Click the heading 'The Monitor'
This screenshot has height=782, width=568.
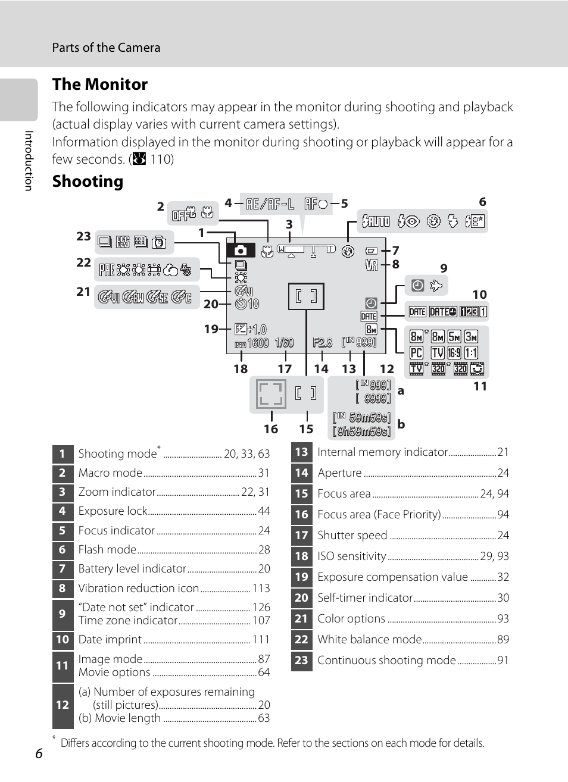pyautogui.click(x=100, y=85)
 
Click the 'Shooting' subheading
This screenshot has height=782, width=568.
pyautogui.click(x=88, y=182)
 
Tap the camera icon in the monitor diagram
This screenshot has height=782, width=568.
pyautogui.click(x=241, y=251)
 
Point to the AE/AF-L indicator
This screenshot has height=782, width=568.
pyautogui.click(x=270, y=204)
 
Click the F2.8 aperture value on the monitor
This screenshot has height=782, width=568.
pyautogui.click(x=322, y=343)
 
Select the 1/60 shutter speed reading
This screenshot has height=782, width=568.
pyautogui.click(x=284, y=343)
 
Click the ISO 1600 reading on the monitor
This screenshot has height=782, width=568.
pyautogui.click(x=252, y=343)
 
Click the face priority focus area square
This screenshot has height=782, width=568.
pyautogui.click(x=270, y=394)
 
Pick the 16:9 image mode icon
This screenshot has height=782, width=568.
pyautogui.click(x=454, y=353)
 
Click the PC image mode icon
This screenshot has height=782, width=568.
pyautogui.click(x=416, y=353)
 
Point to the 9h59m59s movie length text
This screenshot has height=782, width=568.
pyautogui.click(x=361, y=431)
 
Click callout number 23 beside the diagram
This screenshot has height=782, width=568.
pyautogui.click(x=83, y=236)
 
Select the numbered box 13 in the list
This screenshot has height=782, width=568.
pyautogui.click(x=301, y=452)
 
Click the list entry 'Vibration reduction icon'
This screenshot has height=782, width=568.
pyautogui.click(x=139, y=588)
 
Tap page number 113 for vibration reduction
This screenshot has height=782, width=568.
pyautogui.click(x=261, y=588)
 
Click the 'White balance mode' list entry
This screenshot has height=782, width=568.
pyautogui.click(x=369, y=639)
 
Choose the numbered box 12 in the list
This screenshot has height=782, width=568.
pyautogui.click(x=63, y=705)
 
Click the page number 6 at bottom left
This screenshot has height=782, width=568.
pyautogui.click(x=39, y=753)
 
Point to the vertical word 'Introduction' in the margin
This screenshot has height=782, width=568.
pyautogui.click(x=28, y=161)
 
